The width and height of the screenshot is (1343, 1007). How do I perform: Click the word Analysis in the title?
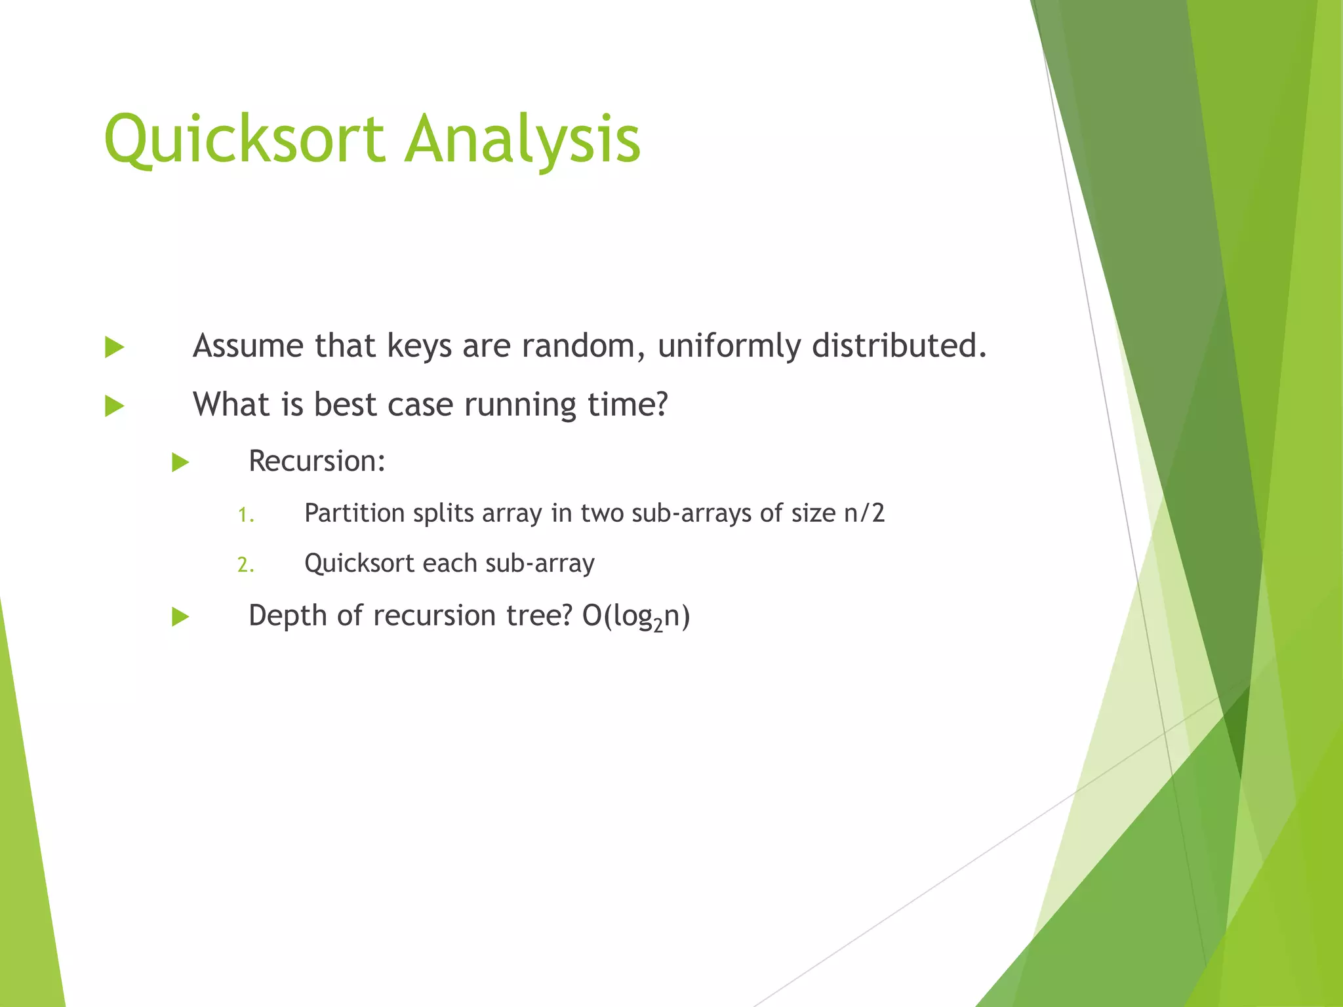click(x=522, y=139)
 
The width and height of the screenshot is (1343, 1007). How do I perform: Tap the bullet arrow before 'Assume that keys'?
click(x=114, y=347)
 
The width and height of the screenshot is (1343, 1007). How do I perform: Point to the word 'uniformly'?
click(x=729, y=346)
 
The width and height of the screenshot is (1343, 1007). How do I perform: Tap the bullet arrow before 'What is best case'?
click(x=114, y=406)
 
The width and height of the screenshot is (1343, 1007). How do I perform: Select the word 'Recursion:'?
click(x=317, y=461)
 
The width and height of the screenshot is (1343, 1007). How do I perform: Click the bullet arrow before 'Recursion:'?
click(x=180, y=463)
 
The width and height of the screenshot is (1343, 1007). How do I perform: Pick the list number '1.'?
click(x=245, y=515)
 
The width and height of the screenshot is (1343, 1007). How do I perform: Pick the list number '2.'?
click(x=245, y=565)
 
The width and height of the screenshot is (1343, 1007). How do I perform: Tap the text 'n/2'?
click(x=864, y=513)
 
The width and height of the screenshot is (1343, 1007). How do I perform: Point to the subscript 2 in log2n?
click(x=658, y=625)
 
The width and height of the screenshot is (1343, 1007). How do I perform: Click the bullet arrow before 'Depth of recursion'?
click(x=180, y=617)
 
